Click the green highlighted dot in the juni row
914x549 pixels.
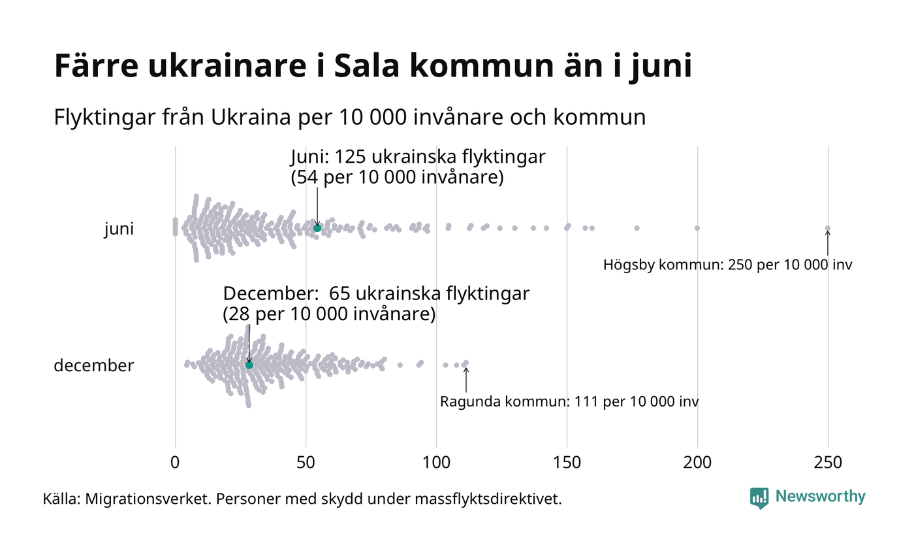(x=317, y=227)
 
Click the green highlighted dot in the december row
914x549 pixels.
(x=249, y=365)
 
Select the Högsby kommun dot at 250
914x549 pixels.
(x=828, y=228)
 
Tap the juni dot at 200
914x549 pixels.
(x=697, y=228)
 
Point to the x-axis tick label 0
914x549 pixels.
(x=175, y=463)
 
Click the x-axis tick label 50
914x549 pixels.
(x=306, y=463)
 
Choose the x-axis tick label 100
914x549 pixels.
(x=436, y=463)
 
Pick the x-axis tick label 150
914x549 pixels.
(x=567, y=463)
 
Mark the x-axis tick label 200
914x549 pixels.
(x=697, y=463)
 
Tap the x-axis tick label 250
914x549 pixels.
(x=828, y=463)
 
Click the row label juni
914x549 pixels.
(x=119, y=229)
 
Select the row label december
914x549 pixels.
(x=93, y=365)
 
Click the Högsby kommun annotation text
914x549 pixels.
(x=727, y=265)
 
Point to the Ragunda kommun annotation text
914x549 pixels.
(x=569, y=401)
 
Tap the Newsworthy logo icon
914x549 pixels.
(x=759, y=498)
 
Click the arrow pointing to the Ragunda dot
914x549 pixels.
(x=465, y=378)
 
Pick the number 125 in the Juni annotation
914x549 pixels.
(x=349, y=158)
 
